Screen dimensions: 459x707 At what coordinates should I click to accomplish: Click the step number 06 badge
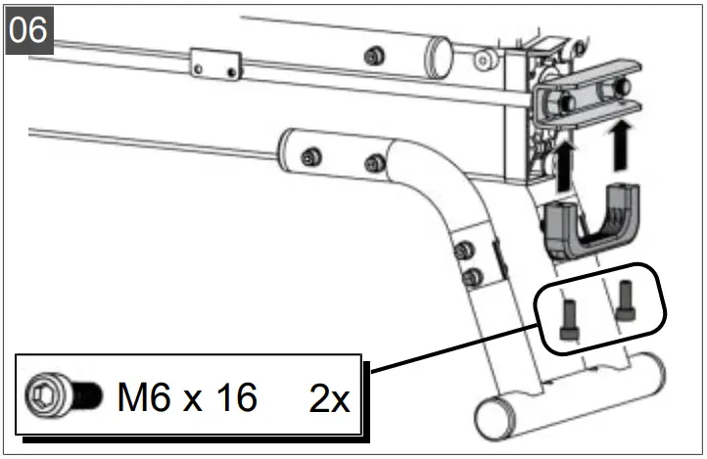click(28, 28)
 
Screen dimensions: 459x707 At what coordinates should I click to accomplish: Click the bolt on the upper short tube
click(372, 56)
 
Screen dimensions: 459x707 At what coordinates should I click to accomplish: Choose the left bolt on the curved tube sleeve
click(311, 156)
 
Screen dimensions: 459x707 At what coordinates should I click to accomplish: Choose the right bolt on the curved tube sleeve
click(372, 161)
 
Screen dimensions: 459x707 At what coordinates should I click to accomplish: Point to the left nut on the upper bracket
click(562, 100)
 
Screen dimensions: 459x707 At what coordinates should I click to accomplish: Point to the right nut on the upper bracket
click(618, 89)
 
